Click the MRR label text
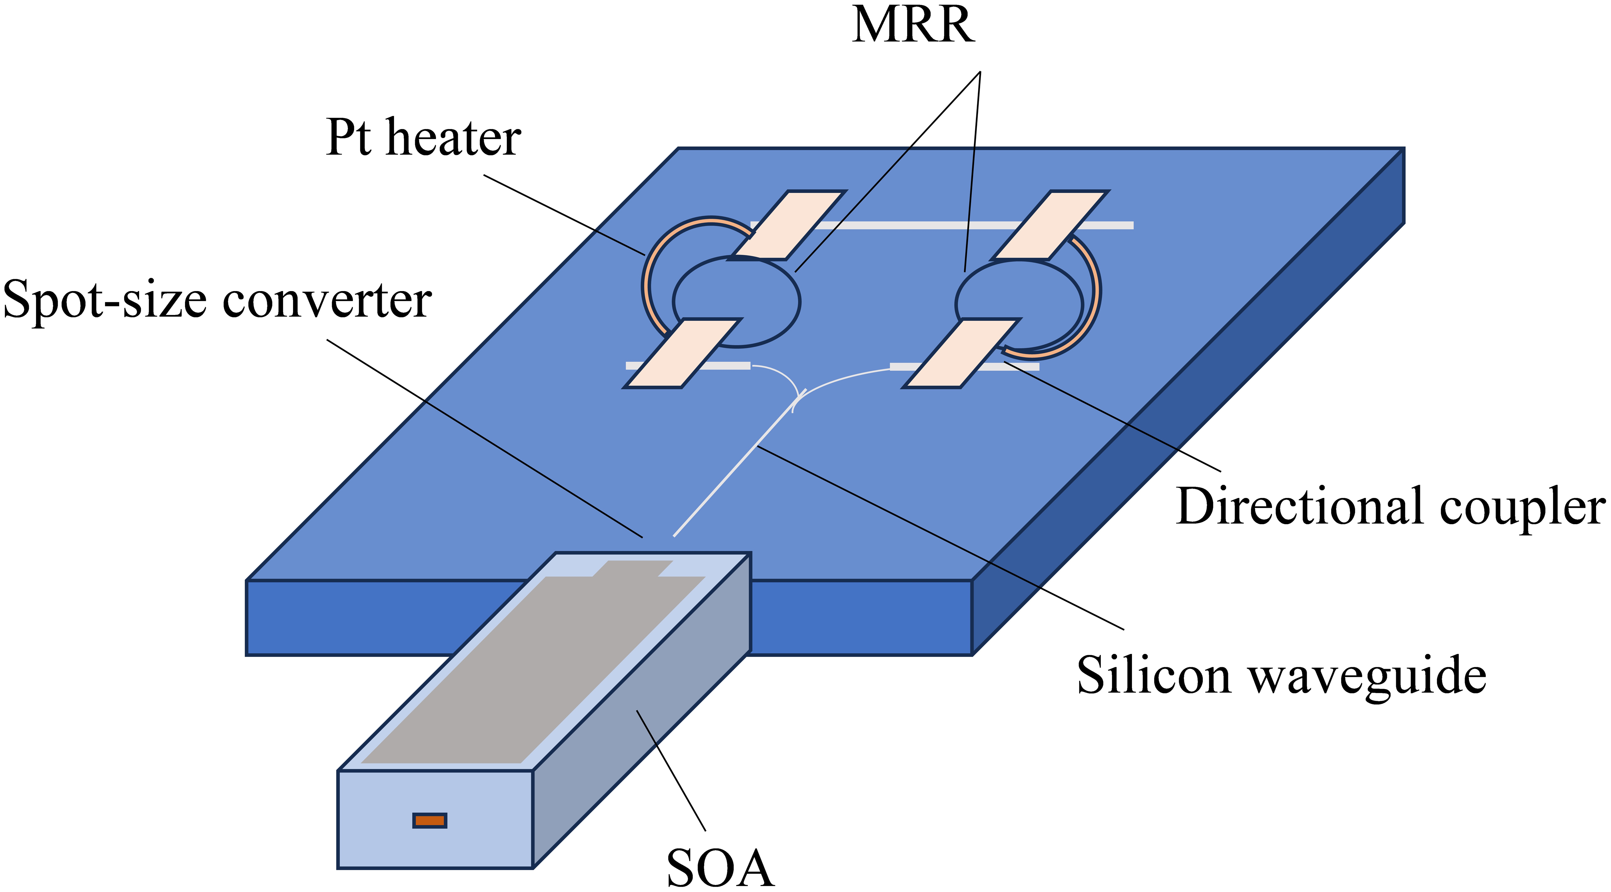tap(913, 26)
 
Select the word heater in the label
tap(454, 139)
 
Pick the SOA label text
tap(720, 868)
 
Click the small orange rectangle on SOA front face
tap(430, 820)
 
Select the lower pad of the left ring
tap(683, 353)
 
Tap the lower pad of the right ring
tap(961, 353)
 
